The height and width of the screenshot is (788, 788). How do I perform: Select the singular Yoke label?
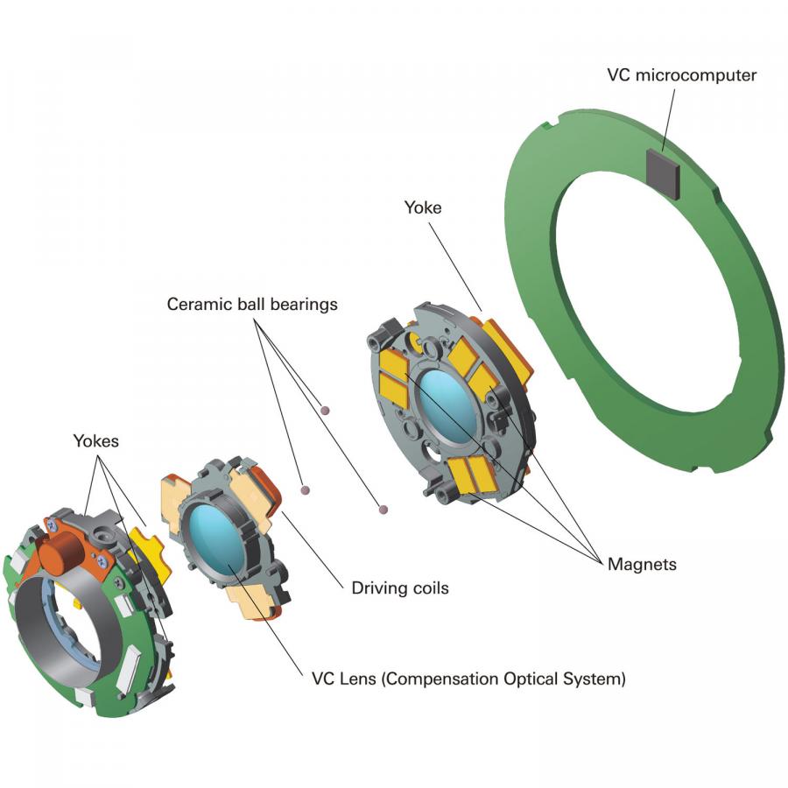[423, 208]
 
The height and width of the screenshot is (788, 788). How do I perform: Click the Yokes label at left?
[95, 441]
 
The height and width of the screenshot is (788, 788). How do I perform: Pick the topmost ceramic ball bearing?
[325, 409]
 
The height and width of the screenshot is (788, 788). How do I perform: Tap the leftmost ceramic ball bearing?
[305, 490]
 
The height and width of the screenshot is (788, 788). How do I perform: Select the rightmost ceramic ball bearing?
[380, 508]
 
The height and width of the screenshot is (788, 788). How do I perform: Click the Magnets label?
[642, 565]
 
